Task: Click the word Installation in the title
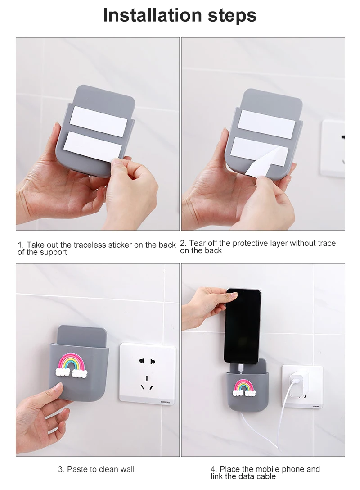(153, 15)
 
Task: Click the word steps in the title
(232, 16)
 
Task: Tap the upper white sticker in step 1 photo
(99, 121)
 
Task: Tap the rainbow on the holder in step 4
(244, 388)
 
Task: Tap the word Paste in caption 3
(77, 469)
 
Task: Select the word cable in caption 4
(266, 476)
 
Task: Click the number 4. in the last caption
(214, 469)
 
